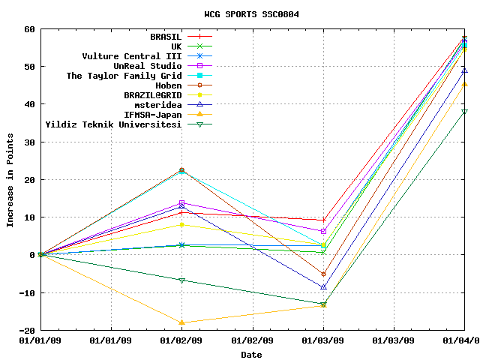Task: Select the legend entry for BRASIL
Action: (166, 36)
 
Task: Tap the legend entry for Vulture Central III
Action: (132, 55)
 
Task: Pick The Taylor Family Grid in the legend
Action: (124, 76)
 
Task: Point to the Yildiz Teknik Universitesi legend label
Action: (113, 124)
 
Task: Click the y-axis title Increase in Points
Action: (10, 179)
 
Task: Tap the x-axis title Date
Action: (251, 355)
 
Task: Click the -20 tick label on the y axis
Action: (27, 330)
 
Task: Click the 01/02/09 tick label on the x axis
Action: (181, 341)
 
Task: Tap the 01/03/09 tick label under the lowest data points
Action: (323, 341)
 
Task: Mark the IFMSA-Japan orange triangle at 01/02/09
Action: (181, 322)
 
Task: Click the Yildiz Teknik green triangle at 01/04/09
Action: (464, 112)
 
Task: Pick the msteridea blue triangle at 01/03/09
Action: (323, 287)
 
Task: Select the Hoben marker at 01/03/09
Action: (323, 274)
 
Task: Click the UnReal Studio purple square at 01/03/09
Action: (323, 231)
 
